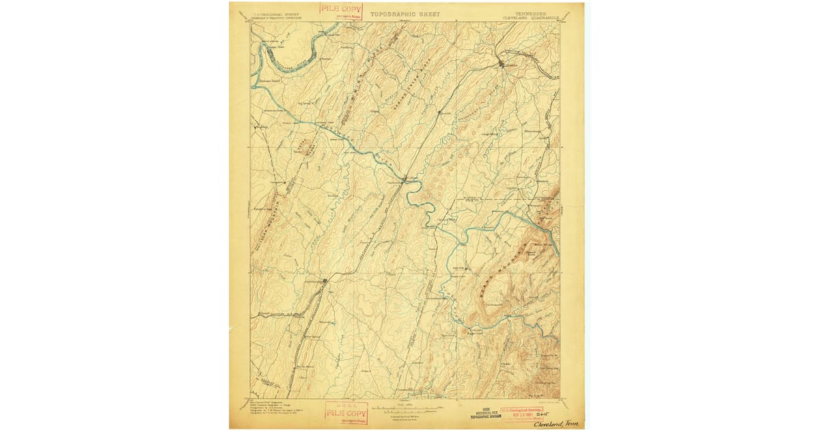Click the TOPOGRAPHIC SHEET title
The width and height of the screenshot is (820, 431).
pyautogui.click(x=405, y=14)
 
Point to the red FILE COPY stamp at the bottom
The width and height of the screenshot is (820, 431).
pyautogui.click(x=346, y=413)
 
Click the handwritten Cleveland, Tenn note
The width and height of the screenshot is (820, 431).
pyautogui.click(x=556, y=423)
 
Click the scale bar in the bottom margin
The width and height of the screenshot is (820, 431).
pyautogui.click(x=405, y=409)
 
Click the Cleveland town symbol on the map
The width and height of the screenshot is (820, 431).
pyautogui.click(x=324, y=280)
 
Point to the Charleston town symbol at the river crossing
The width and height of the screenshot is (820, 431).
pyautogui.click(x=405, y=179)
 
